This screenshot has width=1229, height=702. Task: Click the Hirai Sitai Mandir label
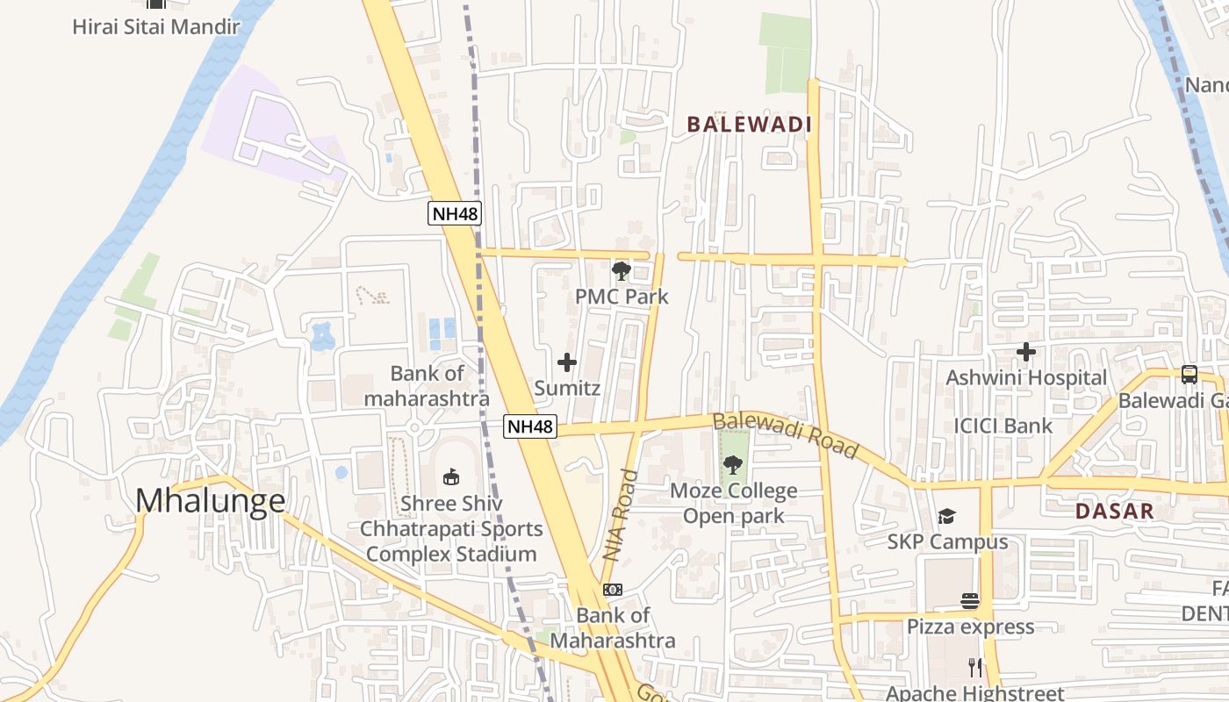(155, 26)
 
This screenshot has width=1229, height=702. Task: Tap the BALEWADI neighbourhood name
(749, 125)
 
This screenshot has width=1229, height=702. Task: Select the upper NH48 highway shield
(455, 213)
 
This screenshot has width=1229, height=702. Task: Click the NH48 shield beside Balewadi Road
(530, 426)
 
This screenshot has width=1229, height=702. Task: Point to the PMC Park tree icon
(622, 270)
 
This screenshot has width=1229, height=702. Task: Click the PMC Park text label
(622, 297)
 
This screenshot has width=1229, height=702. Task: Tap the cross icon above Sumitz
(567, 362)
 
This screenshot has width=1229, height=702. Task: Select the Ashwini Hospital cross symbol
(1025, 353)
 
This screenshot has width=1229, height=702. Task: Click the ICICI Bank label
(1003, 426)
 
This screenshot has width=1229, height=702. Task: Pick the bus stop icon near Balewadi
(1189, 375)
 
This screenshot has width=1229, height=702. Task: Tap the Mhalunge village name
(211, 500)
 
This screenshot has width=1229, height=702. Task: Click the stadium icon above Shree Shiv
(451, 476)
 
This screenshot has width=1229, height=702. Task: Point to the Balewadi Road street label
(786, 435)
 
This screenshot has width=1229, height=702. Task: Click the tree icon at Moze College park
(733, 465)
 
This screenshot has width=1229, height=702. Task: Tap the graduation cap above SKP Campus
(946, 516)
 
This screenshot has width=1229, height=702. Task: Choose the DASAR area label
(1114, 512)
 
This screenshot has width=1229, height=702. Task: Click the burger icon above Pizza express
(970, 601)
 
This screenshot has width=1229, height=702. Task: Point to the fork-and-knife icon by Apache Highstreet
(975, 668)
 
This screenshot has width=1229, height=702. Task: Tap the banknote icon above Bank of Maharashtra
(613, 590)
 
